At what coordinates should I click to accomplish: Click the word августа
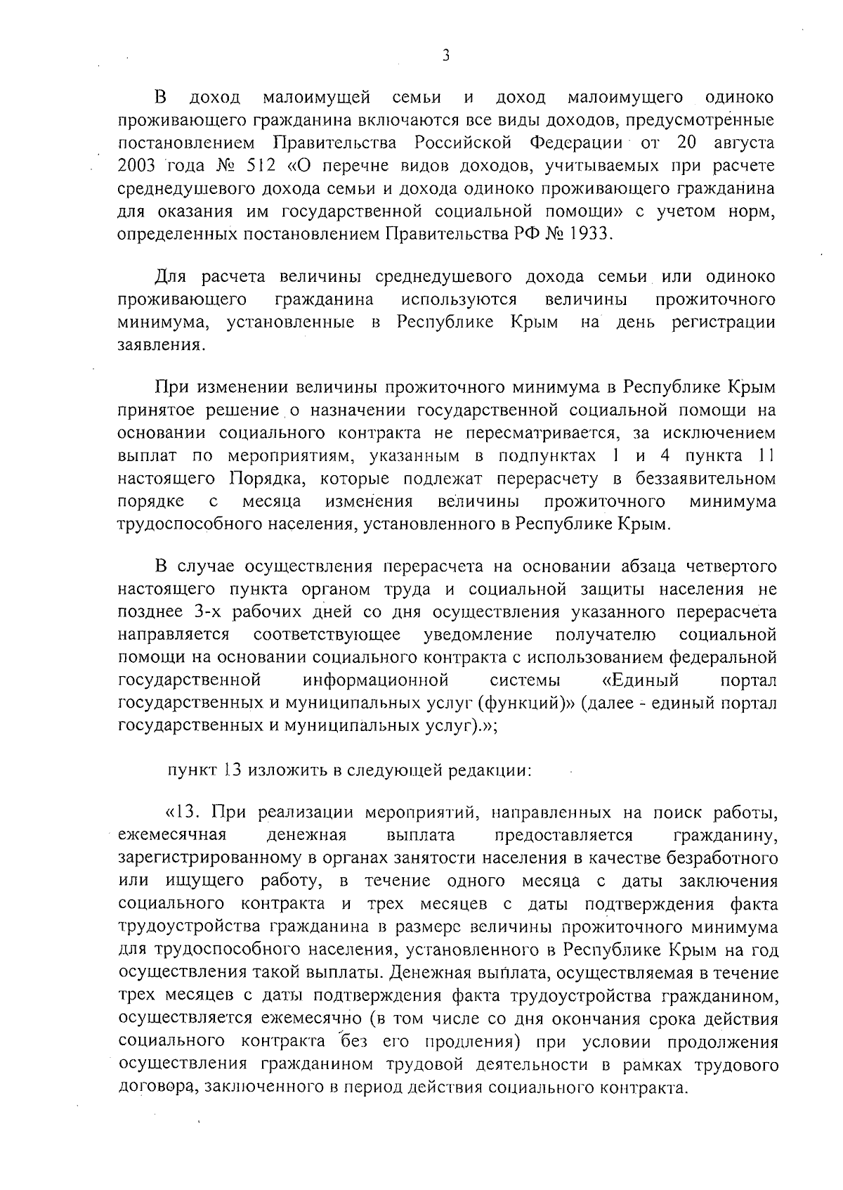(x=745, y=143)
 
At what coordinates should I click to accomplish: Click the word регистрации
(x=733, y=323)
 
